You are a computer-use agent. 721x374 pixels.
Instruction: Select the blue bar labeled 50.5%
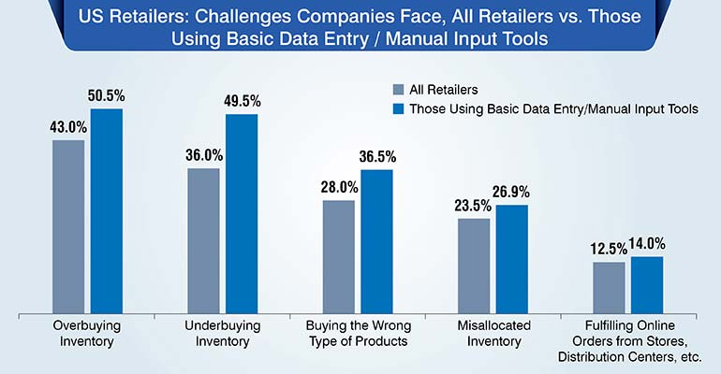pyautogui.click(x=106, y=210)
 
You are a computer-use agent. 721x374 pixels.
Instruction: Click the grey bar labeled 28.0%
pyautogui.click(x=339, y=256)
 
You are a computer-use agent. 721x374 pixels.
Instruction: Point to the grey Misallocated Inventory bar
pyautogui.click(x=474, y=266)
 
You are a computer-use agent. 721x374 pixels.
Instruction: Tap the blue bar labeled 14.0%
pyautogui.click(x=646, y=284)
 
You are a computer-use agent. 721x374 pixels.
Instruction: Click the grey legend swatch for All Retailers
pyautogui.click(x=398, y=90)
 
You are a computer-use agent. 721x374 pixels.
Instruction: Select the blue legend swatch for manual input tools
pyautogui.click(x=398, y=109)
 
